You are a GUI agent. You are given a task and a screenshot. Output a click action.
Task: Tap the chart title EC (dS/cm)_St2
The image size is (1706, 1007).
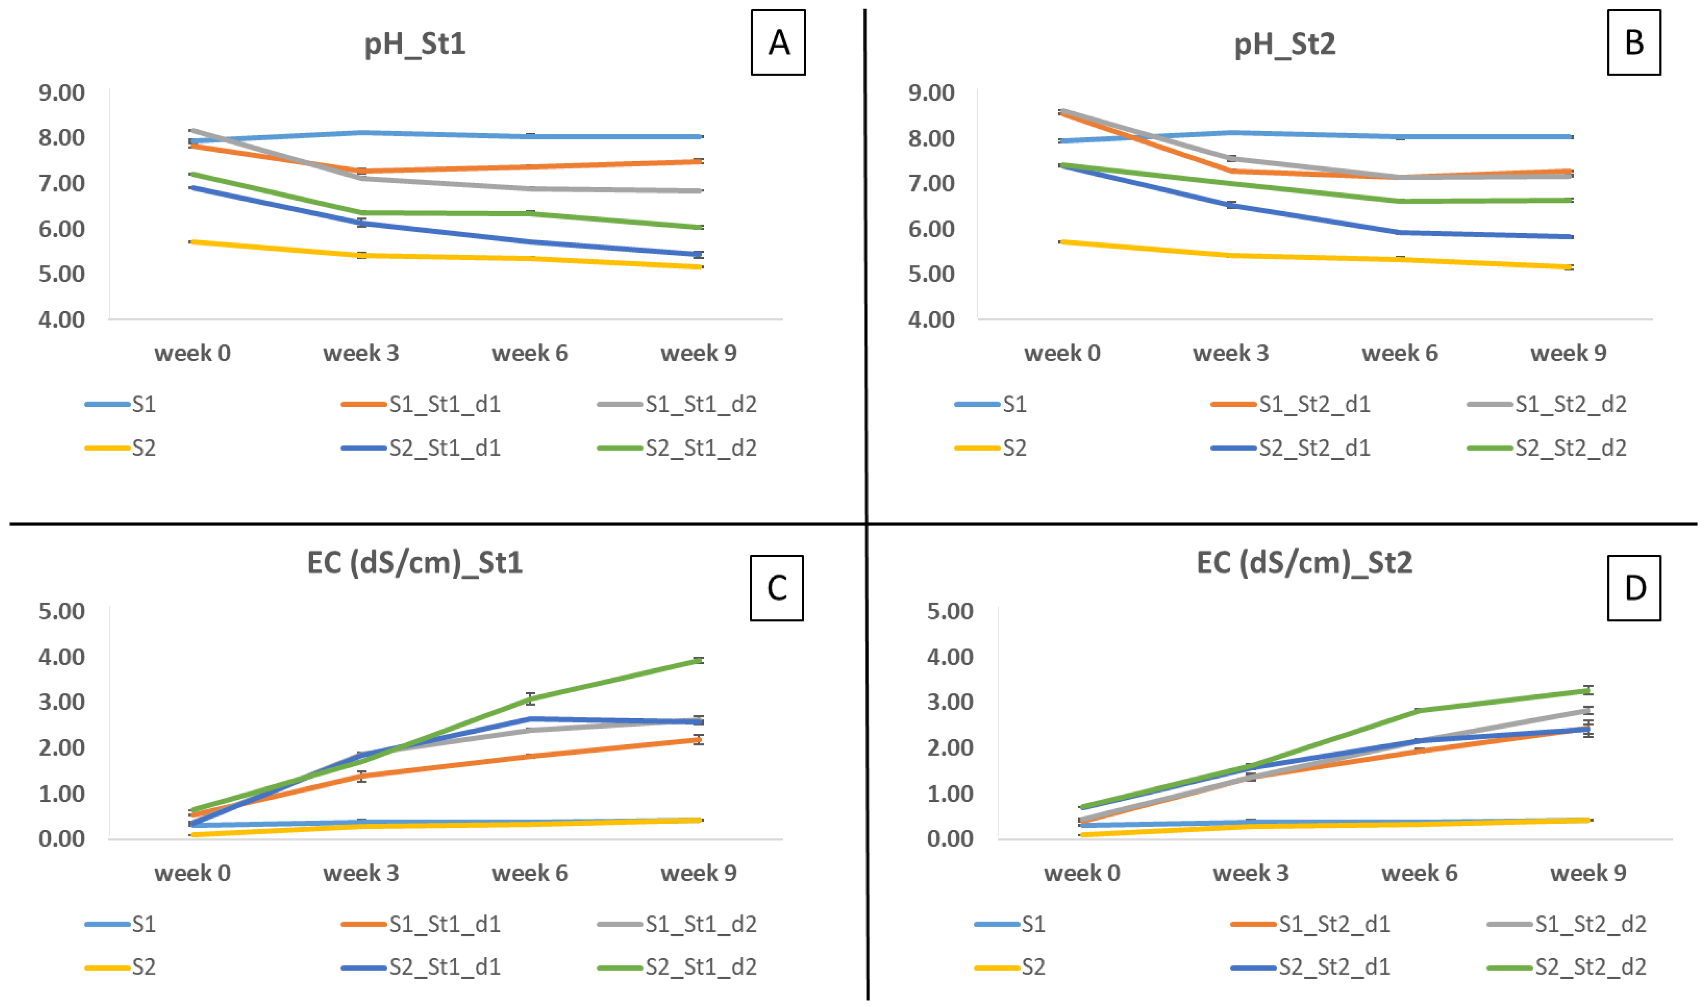pyautogui.click(x=1304, y=563)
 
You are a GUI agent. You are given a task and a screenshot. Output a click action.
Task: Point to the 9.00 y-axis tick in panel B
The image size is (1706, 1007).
pyautogui.click(x=931, y=92)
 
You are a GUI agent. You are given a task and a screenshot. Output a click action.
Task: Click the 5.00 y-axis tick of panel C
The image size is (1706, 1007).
pyautogui.click(x=62, y=611)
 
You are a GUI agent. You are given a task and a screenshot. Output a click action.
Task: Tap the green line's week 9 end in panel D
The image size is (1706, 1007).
pyautogui.click(x=1588, y=691)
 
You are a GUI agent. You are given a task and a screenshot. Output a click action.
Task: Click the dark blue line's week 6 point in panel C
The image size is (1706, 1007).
pyautogui.click(x=530, y=719)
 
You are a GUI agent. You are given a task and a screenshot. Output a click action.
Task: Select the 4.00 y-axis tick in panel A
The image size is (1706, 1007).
pyautogui.click(x=62, y=320)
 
